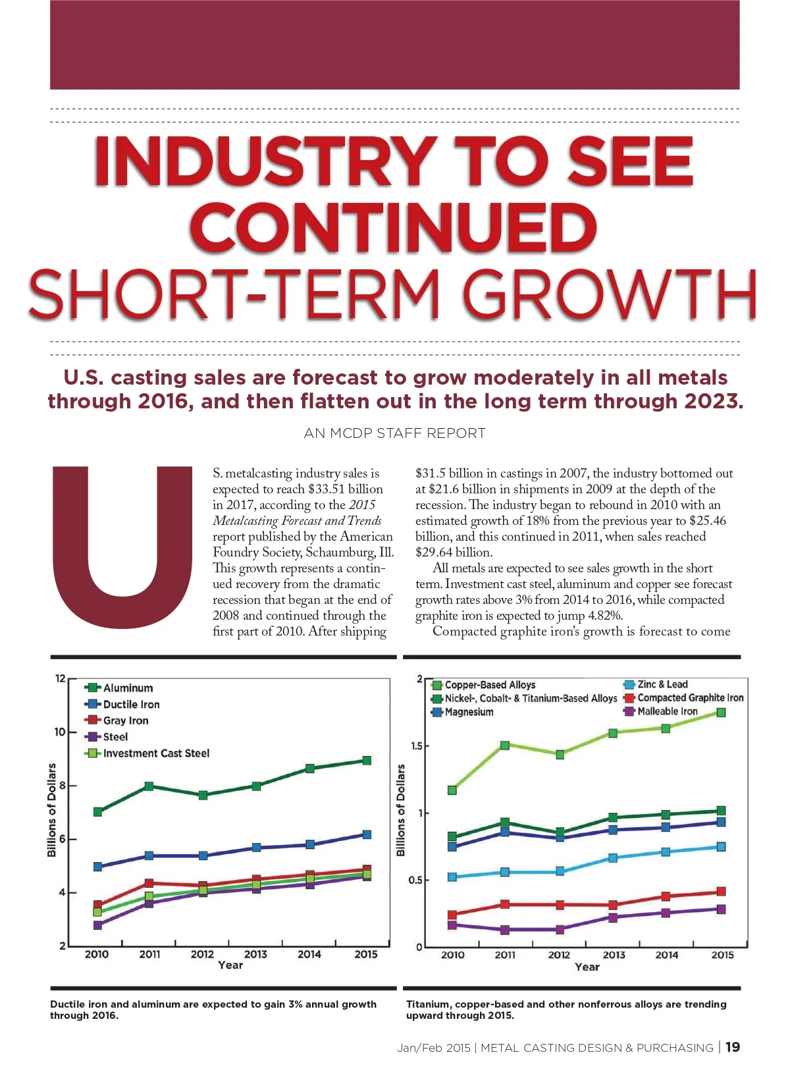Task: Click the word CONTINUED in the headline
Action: tap(394, 227)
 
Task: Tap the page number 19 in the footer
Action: tap(732, 1047)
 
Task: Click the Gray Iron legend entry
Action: tap(125, 721)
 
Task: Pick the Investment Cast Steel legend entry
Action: tap(155, 753)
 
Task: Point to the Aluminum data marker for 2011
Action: tap(149, 786)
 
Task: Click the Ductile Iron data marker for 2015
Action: tap(367, 834)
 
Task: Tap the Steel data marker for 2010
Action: tap(97, 925)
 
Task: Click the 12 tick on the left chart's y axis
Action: tap(61, 678)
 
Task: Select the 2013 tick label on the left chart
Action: tap(255, 954)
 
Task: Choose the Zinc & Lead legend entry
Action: tap(662, 684)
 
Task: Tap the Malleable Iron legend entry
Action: tap(667, 711)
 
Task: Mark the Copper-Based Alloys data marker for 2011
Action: tap(505, 746)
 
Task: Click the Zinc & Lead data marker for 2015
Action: tap(721, 847)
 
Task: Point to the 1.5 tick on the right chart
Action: tap(415, 746)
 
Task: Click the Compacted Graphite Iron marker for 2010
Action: tap(452, 915)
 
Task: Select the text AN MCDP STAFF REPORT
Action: tap(395, 433)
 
